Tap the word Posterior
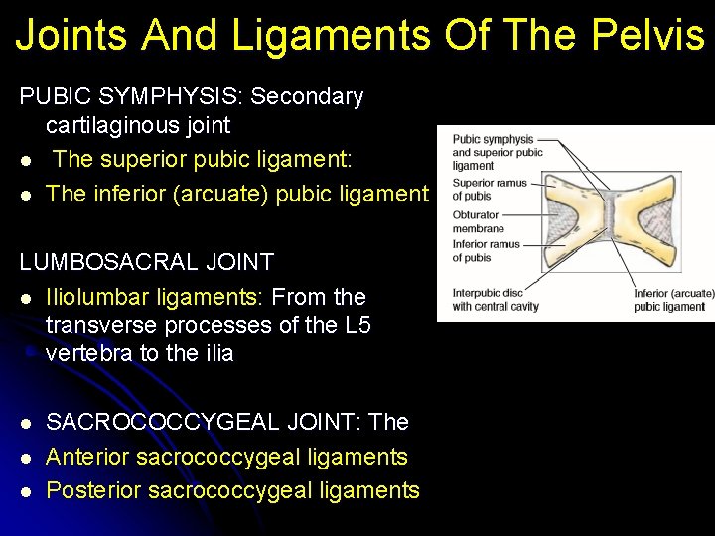click(91, 490)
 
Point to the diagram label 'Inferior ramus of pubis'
click(486, 251)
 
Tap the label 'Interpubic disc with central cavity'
click(495, 300)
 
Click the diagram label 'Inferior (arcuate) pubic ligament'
click(673, 300)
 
